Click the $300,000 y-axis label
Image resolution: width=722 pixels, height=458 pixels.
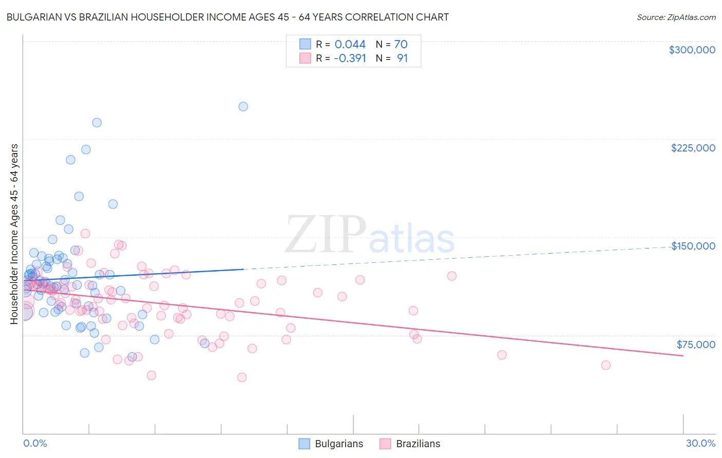click(692, 50)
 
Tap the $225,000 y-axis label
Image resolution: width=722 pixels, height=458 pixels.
click(693, 148)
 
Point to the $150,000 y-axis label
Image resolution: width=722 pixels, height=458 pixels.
click(693, 246)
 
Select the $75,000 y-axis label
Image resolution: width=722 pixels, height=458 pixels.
click(696, 345)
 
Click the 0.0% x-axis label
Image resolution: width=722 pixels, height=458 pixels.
click(35, 443)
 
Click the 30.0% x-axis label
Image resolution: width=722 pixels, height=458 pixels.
click(700, 443)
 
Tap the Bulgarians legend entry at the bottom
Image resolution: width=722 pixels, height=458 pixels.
click(331, 444)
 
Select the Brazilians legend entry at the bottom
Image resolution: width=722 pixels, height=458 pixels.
click(410, 444)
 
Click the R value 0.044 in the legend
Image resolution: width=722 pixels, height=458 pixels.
click(350, 44)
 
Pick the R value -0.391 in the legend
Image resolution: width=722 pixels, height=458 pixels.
click(350, 58)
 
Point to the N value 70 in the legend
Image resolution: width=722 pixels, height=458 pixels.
click(401, 44)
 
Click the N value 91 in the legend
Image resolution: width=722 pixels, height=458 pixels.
click(402, 58)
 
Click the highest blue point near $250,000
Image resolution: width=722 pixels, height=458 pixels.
click(243, 107)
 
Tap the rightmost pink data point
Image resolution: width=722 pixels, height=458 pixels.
click(606, 365)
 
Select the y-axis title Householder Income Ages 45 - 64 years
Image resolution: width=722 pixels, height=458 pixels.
click(14, 234)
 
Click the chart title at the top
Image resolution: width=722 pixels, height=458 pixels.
click(227, 17)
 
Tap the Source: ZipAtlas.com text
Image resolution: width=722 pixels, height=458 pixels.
click(676, 17)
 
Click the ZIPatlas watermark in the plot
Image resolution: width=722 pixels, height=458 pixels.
click(370, 235)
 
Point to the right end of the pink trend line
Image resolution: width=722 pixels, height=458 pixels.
click(683, 355)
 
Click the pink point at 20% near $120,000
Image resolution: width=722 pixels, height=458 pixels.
click(452, 276)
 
